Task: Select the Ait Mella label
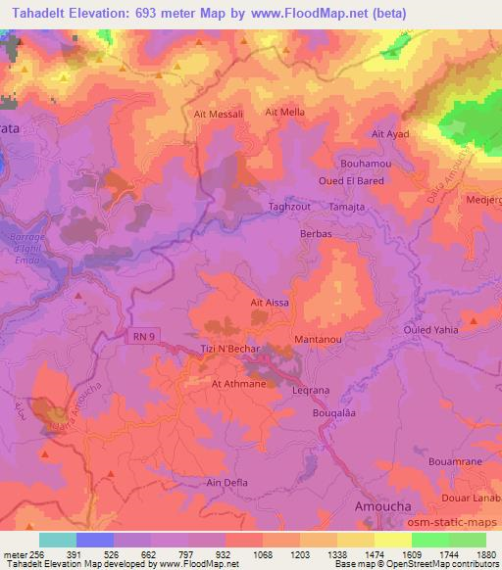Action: pyautogui.click(x=285, y=113)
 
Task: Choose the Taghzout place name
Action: pyautogui.click(x=289, y=208)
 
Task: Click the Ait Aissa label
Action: pyautogui.click(x=270, y=304)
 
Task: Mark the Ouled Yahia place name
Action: pyautogui.click(x=430, y=330)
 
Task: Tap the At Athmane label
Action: pyautogui.click(x=238, y=384)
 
